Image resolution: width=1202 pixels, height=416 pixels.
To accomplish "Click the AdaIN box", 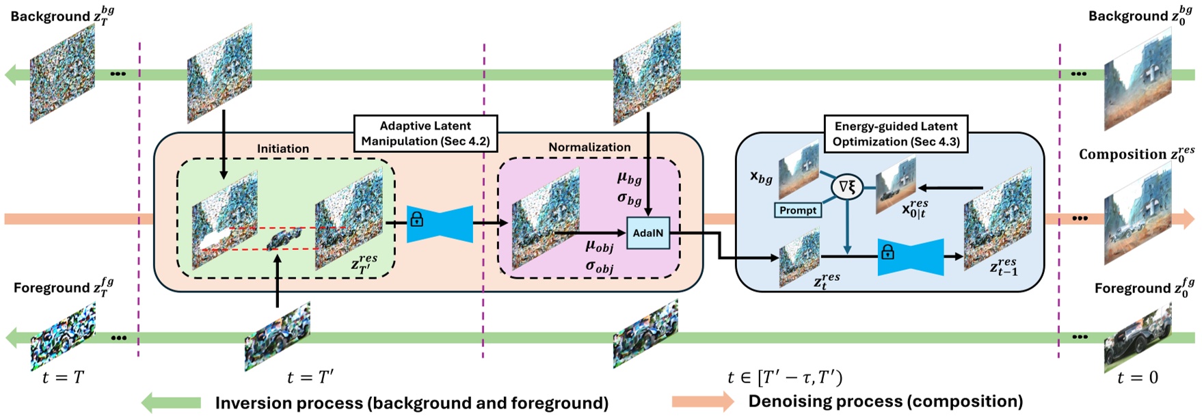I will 647,233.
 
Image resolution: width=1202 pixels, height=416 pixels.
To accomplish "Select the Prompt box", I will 798,210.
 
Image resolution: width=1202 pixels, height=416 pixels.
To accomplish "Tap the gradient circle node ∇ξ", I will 846,186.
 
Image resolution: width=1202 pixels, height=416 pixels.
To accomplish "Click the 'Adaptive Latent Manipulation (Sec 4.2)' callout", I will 425,133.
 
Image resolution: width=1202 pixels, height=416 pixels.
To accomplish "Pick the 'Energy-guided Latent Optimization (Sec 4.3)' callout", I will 896,134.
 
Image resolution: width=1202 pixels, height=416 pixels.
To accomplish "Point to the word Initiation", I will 283,148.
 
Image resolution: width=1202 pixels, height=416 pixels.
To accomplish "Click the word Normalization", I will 589,147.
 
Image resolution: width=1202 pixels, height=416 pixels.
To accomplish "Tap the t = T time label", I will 63,377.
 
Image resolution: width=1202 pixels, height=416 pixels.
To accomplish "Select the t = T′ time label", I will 310,377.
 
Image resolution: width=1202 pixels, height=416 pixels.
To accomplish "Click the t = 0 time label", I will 1137,377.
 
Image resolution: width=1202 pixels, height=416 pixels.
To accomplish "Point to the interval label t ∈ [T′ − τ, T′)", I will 785,377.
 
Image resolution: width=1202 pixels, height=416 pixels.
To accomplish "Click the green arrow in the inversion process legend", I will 171,403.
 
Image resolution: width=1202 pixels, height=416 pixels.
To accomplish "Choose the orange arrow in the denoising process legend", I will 703,402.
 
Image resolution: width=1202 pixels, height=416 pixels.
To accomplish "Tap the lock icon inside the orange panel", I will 416,220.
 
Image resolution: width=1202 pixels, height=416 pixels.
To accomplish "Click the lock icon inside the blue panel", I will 887,253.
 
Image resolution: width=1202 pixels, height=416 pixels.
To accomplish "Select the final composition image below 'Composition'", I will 1138,215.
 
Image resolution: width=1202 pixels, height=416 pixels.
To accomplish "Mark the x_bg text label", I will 761,178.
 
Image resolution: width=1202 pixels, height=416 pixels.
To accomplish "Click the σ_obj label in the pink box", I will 599,266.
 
